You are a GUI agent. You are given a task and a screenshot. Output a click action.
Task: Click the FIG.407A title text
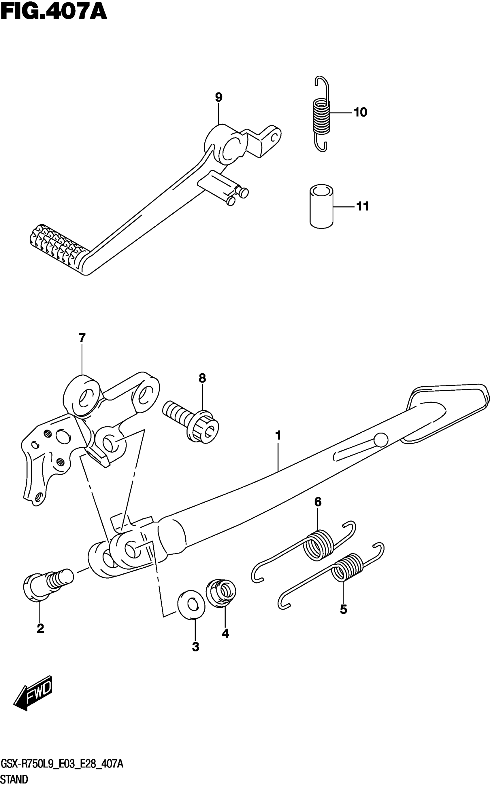[54, 12]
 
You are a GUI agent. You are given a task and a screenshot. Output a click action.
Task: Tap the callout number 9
[219, 97]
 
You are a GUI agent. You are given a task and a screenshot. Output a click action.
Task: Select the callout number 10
[360, 112]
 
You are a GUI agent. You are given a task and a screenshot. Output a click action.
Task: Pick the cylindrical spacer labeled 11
[321, 206]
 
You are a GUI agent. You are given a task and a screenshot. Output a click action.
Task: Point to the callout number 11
[362, 206]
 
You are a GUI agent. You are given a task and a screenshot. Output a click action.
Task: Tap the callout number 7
[82, 338]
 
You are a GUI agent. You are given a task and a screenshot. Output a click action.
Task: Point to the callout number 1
[278, 435]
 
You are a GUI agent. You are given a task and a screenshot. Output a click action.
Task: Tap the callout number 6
[318, 502]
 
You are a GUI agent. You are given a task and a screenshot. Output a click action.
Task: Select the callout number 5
[344, 609]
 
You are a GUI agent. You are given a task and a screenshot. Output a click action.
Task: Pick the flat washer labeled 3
[191, 604]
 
